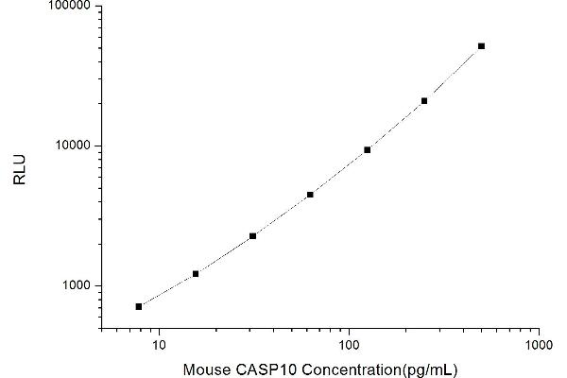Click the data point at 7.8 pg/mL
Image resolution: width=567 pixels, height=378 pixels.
(x=139, y=306)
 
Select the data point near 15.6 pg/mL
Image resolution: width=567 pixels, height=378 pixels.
(x=196, y=274)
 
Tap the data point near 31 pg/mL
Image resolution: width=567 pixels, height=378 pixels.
(x=252, y=236)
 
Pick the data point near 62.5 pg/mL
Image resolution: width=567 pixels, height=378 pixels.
(x=310, y=195)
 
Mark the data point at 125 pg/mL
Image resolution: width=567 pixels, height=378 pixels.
(x=367, y=149)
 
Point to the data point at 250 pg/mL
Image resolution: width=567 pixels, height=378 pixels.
(x=424, y=100)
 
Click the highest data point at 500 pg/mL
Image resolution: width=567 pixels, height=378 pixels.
(x=481, y=45)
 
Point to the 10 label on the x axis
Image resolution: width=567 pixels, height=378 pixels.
(x=159, y=343)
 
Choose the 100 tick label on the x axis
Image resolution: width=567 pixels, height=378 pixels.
(x=349, y=343)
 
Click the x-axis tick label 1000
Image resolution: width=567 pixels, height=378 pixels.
(x=539, y=343)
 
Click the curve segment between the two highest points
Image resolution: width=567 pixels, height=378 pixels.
(x=453, y=74)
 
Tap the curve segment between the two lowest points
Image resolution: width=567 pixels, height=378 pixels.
(x=167, y=291)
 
